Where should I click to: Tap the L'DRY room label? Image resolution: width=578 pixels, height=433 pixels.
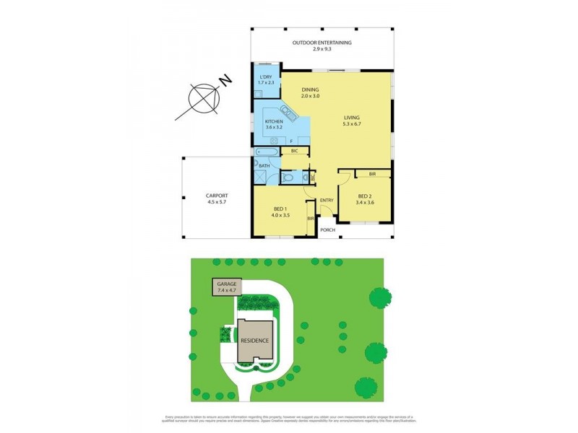click(x=267, y=79)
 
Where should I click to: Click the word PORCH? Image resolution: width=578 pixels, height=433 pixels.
click(x=329, y=230)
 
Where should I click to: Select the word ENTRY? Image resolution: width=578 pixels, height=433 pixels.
click(x=327, y=200)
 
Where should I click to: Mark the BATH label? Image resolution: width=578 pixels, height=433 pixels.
click(x=264, y=166)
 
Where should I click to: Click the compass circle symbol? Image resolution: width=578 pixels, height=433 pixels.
click(x=203, y=97)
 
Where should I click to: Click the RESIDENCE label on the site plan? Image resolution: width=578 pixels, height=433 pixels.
click(x=256, y=340)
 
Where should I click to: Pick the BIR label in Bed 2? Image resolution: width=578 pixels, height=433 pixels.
click(x=371, y=175)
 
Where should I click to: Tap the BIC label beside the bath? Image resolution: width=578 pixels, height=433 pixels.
click(x=294, y=152)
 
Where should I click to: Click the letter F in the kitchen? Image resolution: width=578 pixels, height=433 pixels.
click(x=290, y=139)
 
